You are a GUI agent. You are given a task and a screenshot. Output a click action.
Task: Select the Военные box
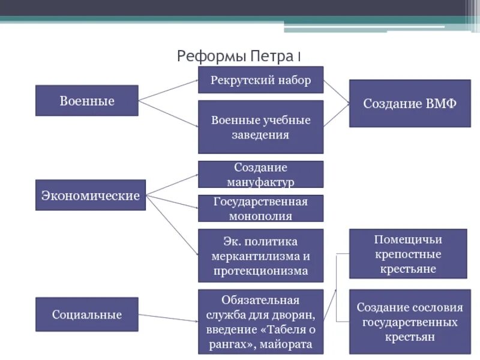point(87,101)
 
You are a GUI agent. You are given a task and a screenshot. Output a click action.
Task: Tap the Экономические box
point(91,195)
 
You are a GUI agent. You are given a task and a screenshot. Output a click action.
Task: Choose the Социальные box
point(87,314)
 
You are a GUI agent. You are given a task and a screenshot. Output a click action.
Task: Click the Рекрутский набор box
point(260,80)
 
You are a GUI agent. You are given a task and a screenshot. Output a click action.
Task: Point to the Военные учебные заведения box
point(260,127)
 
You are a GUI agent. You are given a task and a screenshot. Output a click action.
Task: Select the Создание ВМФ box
point(410,103)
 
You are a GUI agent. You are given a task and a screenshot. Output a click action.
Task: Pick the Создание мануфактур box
point(260,174)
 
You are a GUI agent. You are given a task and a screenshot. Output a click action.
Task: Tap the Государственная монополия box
point(260,208)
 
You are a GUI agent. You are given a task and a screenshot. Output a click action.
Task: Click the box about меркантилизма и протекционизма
point(260,255)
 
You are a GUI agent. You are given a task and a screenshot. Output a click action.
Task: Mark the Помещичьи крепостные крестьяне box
point(408,254)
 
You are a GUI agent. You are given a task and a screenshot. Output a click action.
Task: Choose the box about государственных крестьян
point(410,322)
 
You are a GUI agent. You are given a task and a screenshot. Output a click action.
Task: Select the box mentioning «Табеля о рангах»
point(260,322)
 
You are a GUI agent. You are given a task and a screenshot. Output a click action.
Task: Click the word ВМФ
point(441,103)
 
